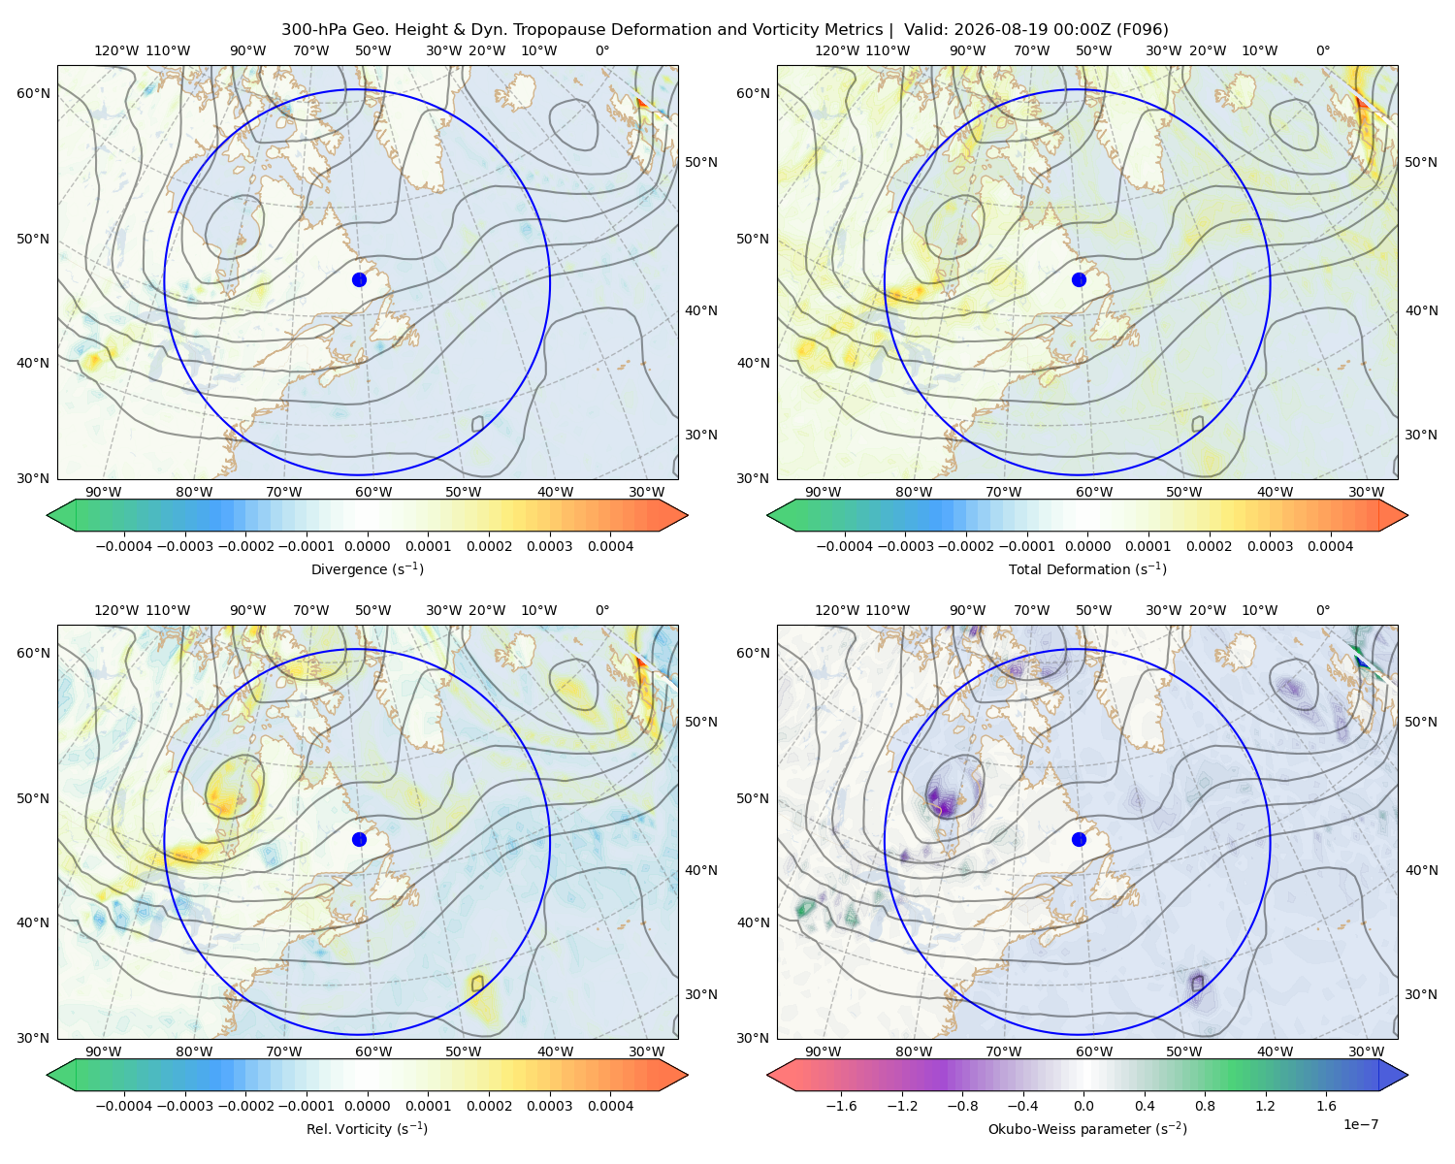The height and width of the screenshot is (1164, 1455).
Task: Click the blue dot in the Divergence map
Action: pyautogui.click(x=359, y=279)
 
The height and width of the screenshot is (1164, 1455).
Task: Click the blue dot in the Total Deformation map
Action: pyautogui.click(x=1079, y=279)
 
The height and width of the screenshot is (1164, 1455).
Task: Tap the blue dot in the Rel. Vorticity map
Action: pyautogui.click(x=359, y=839)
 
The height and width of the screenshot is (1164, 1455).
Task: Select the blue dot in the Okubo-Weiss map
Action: pyautogui.click(x=1079, y=839)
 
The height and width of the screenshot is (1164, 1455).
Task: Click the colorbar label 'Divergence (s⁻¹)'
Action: pyautogui.click(x=367, y=568)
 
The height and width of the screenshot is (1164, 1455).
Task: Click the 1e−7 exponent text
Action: pyautogui.click(x=1360, y=1124)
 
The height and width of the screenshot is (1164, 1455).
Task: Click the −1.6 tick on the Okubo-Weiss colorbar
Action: pyautogui.click(x=841, y=1106)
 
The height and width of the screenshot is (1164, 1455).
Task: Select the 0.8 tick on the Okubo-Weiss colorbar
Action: pyautogui.click(x=1205, y=1106)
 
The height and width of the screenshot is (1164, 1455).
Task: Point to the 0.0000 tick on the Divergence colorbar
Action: pyautogui.click(x=367, y=546)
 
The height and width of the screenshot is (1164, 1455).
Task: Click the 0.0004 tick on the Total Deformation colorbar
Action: pyautogui.click(x=1330, y=546)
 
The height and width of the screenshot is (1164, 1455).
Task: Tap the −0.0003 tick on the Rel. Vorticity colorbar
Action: pyautogui.click(x=184, y=1106)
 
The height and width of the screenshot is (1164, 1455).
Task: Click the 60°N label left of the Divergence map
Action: pyautogui.click(x=33, y=93)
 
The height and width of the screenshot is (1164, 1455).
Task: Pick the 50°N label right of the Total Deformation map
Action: pyautogui.click(x=1420, y=162)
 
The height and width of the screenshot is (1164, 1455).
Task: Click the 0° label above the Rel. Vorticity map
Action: pyautogui.click(x=602, y=610)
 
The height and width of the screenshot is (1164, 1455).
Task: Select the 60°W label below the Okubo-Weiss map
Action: pyautogui.click(x=1093, y=1051)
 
